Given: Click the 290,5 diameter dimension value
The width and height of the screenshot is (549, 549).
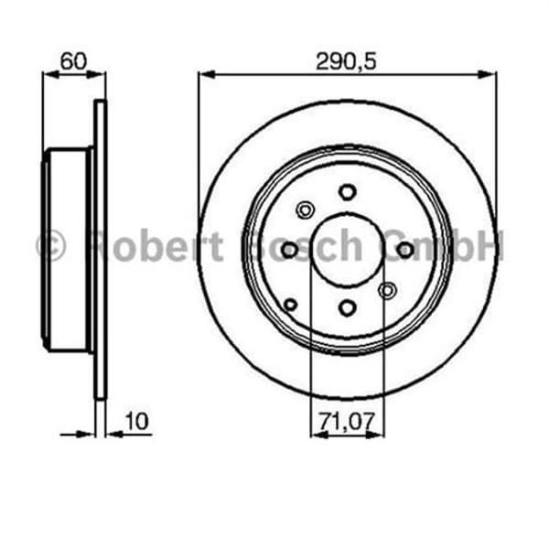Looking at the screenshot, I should (x=347, y=61).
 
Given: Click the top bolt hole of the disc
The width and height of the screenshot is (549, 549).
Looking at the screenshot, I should (x=347, y=191).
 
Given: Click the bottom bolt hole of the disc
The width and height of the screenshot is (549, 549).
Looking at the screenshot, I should (x=347, y=307).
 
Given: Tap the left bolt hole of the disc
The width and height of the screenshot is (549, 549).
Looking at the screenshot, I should (x=289, y=250).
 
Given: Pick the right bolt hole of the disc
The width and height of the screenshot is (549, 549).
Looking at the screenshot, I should (x=404, y=250).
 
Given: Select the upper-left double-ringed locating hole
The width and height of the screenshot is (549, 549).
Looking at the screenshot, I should (x=306, y=210).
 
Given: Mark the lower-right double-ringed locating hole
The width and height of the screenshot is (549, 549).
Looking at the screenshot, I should (x=387, y=290).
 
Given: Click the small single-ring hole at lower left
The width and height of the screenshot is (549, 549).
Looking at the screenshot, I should (x=291, y=305).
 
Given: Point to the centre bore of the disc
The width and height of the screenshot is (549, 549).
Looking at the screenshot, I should (x=347, y=250).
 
